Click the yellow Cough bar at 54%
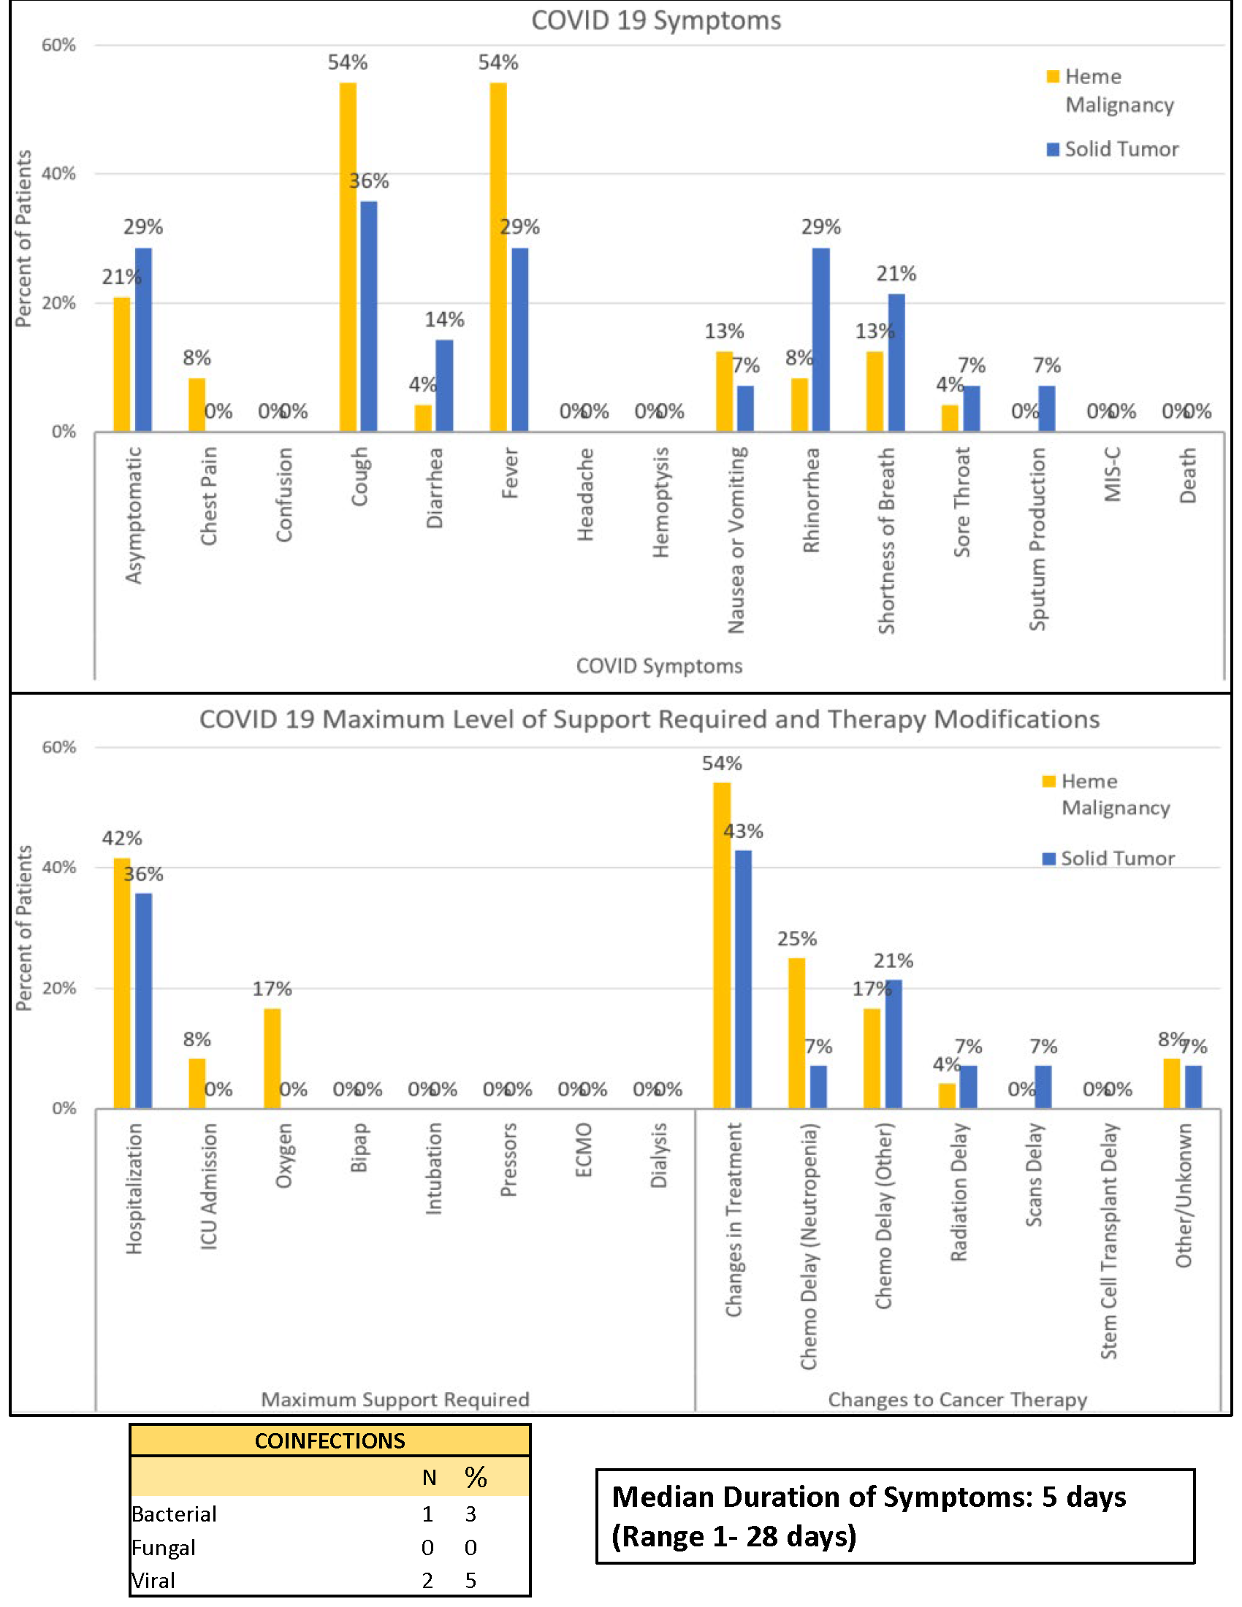tap(348, 257)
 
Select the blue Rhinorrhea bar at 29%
tap(821, 339)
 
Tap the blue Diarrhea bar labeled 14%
tap(444, 386)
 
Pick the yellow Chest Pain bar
tap(197, 405)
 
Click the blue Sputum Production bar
tap(1046, 408)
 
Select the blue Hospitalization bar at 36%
tap(143, 1001)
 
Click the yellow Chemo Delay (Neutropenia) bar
tap(797, 1033)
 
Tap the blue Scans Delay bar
tap(1043, 1087)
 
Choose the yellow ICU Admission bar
tap(197, 1083)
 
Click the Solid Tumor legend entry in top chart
tap(1113, 149)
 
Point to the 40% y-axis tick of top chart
tap(59, 174)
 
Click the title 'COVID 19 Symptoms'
tap(655, 20)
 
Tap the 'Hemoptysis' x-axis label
tap(660, 502)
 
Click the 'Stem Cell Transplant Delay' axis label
tap(1110, 1240)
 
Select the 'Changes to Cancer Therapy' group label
tap(957, 1400)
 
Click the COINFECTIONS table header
tap(329, 1440)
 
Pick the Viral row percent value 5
tap(471, 1581)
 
